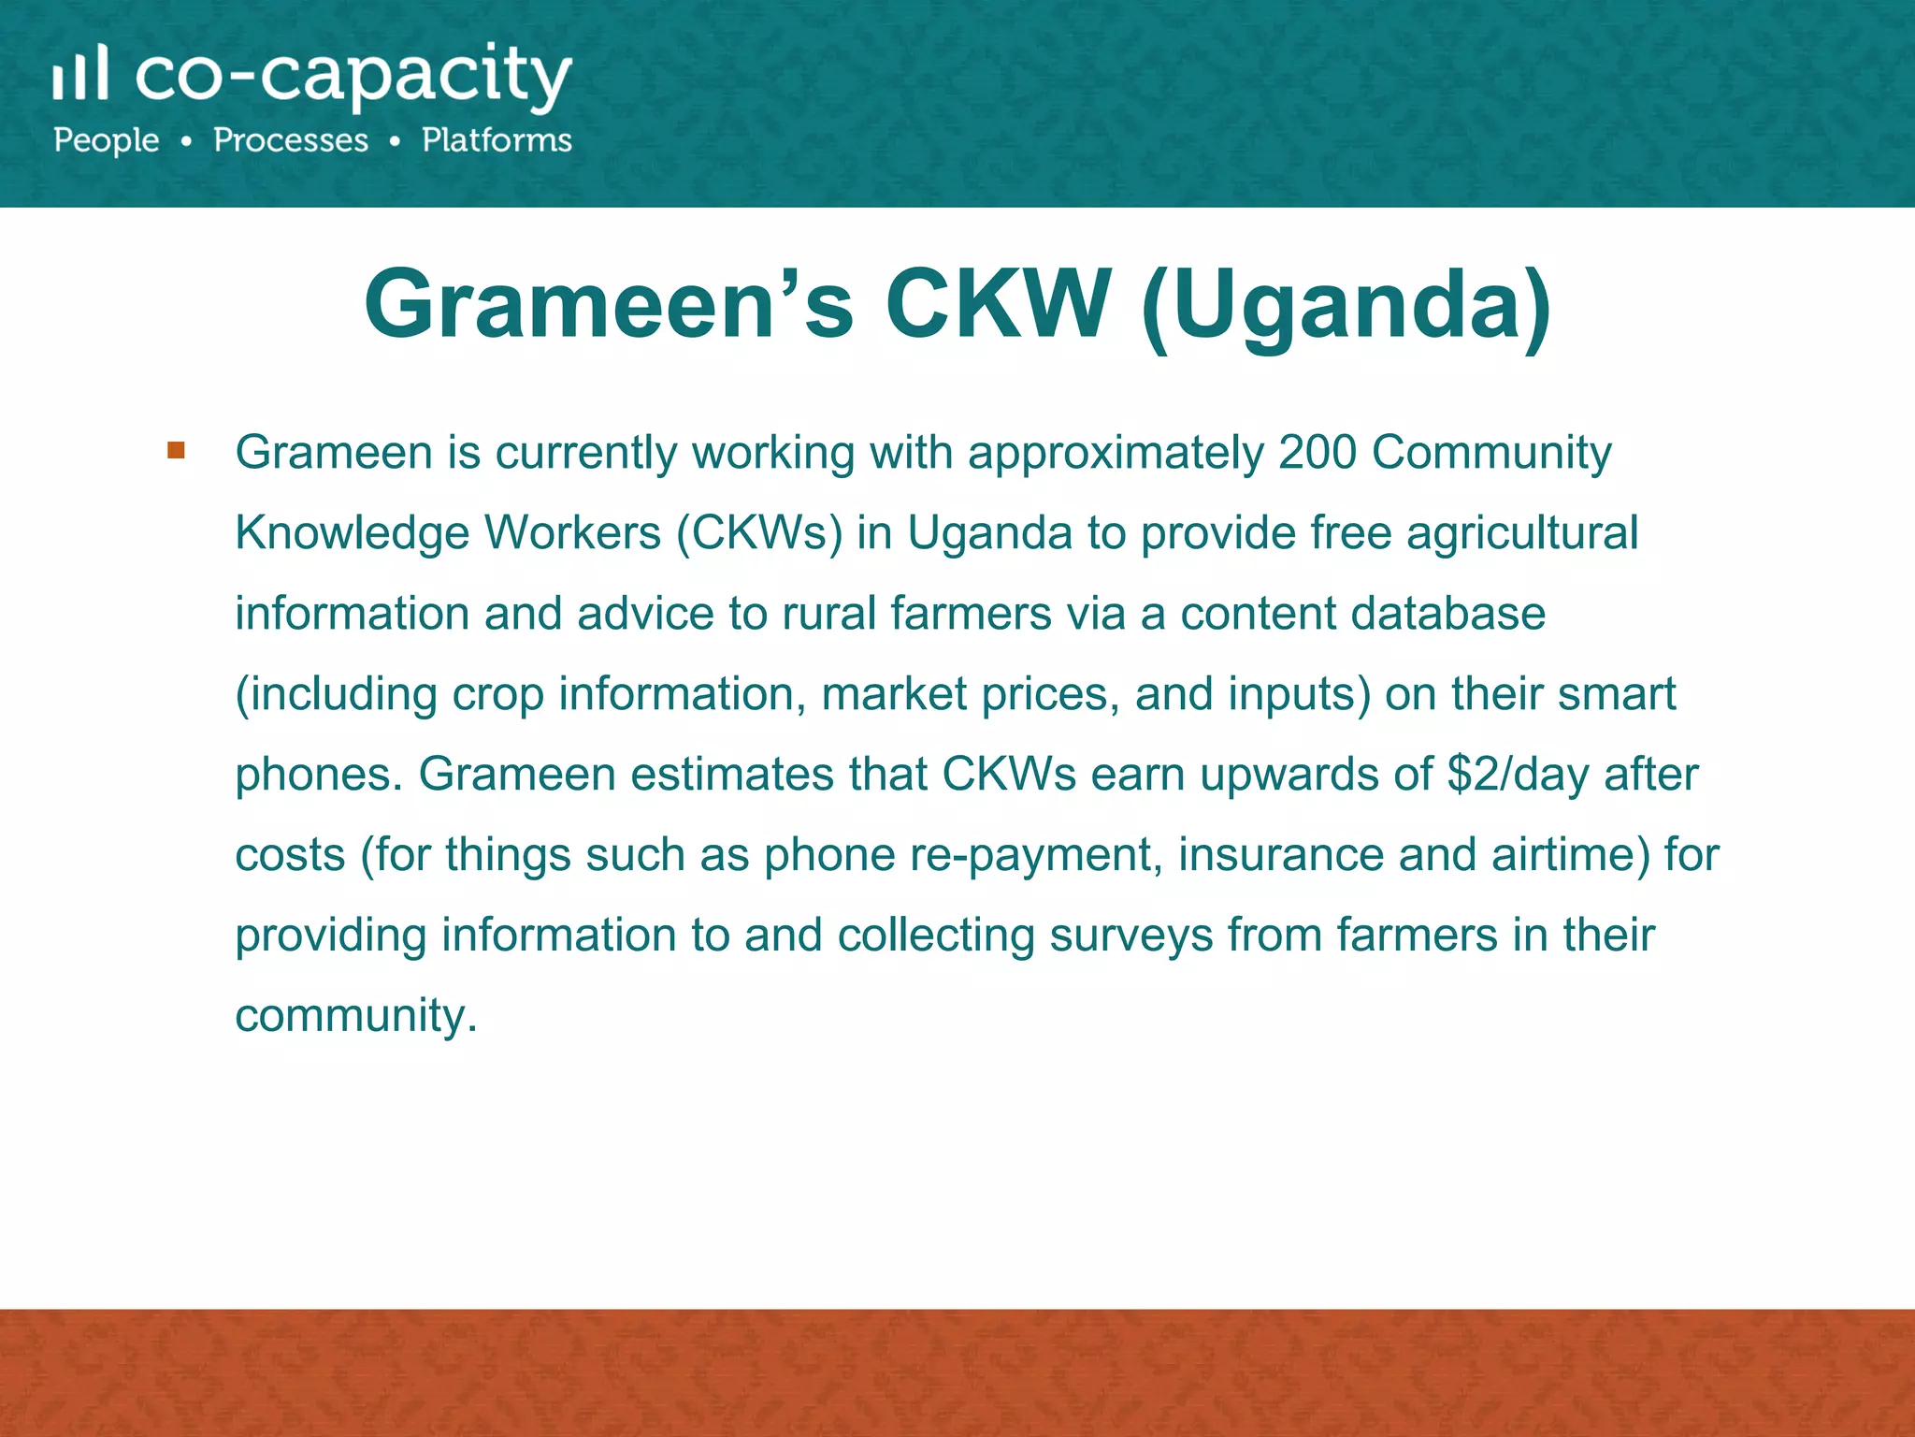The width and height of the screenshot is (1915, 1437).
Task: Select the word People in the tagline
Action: click(x=107, y=140)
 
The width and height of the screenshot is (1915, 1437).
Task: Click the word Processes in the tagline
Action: click(x=291, y=140)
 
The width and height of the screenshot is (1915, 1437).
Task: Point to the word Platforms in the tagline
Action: click(x=497, y=140)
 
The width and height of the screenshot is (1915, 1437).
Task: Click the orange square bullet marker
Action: click(x=176, y=451)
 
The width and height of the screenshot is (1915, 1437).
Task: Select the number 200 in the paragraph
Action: click(x=1317, y=453)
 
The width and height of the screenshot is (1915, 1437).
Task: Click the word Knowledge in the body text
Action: click(x=353, y=534)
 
